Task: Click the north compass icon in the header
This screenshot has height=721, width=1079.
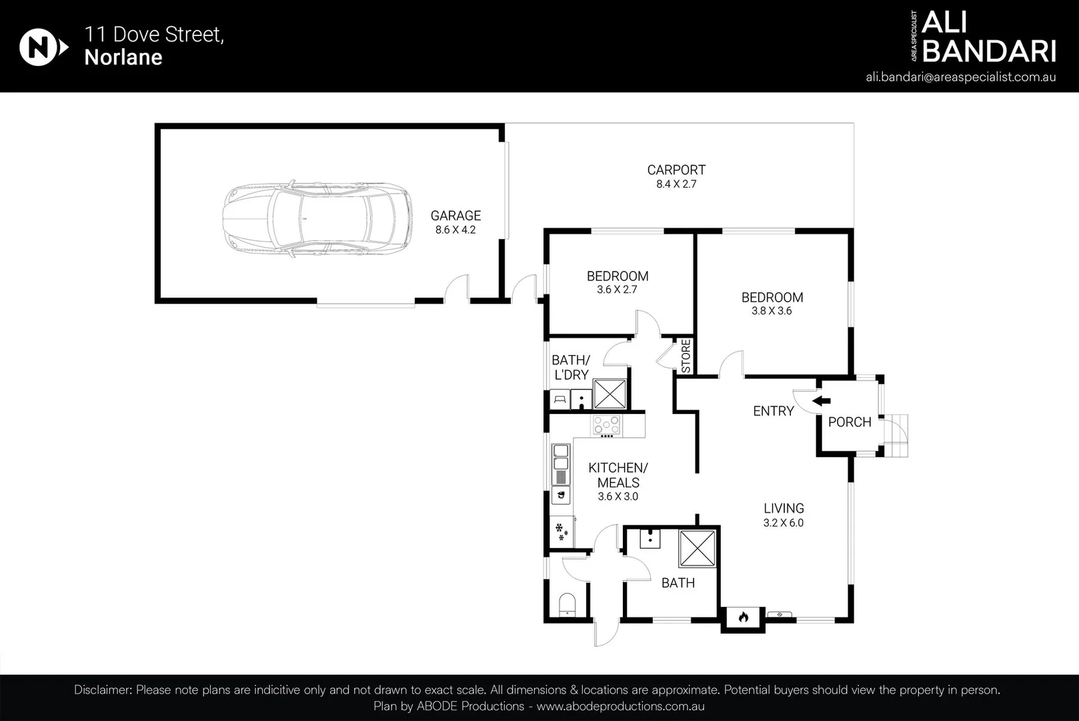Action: [x=43, y=47]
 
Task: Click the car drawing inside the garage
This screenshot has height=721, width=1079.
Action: [x=317, y=220]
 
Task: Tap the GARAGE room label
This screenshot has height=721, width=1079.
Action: [x=455, y=216]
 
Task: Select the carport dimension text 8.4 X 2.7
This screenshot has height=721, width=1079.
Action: [x=676, y=184]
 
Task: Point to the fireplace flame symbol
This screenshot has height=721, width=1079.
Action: [x=744, y=617]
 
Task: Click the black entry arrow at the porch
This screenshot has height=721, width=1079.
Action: [x=822, y=401]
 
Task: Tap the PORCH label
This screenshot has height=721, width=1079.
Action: [x=850, y=422]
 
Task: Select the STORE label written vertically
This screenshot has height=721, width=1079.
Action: [x=686, y=356]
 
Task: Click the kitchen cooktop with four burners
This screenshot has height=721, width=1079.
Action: [x=606, y=426]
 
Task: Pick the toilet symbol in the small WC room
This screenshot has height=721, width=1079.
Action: [x=567, y=605]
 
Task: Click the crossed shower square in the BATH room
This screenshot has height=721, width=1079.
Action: [x=697, y=548]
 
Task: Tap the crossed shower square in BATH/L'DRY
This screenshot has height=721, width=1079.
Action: [x=610, y=394]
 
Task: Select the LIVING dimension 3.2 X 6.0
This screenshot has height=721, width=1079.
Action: [x=783, y=523]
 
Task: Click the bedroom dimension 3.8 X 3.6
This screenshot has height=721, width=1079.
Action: [x=772, y=311]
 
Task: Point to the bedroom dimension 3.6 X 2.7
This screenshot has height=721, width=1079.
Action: [x=617, y=290]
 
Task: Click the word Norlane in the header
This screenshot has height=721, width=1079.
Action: [x=123, y=57]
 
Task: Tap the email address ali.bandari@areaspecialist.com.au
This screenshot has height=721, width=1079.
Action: [x=960, y=77]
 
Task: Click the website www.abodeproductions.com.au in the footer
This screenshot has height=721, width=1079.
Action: [x=620, y=706]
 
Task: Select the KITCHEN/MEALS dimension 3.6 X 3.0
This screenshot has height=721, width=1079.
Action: [x=618, y=497]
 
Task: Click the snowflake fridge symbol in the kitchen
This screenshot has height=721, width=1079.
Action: [x=562, y=531]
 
